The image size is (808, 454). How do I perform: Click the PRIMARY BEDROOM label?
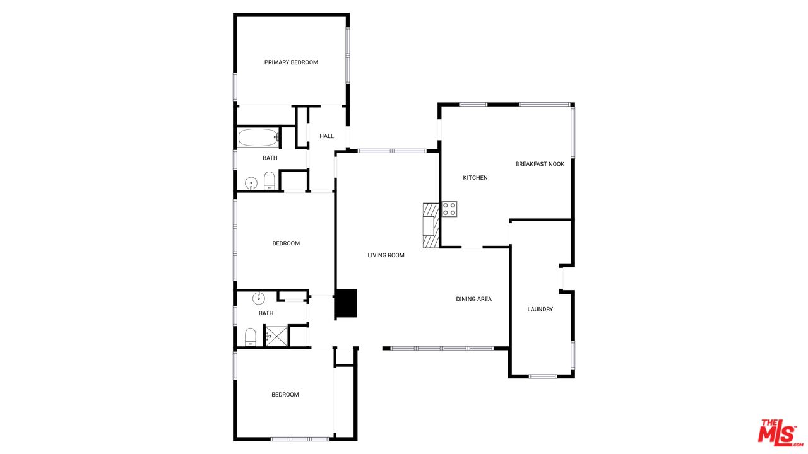pos(291,62)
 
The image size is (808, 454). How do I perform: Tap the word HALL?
pos(326,136)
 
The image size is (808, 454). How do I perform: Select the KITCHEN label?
pos(475,178)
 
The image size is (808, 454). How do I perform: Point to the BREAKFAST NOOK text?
pos(540,164)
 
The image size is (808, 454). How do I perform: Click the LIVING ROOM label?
pos(386,255)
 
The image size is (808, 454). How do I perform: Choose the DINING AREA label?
pos(473,299)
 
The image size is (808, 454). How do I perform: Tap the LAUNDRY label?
pos(540,309)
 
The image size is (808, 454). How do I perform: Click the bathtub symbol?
pos(258,137)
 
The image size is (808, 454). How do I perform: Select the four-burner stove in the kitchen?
pos(449,209)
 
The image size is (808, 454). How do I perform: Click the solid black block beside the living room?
pos(347,303)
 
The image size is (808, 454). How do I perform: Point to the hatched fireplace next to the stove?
pos(431,225)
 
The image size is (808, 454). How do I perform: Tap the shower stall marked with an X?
pos(276,336)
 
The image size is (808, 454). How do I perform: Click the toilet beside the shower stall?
pos(251,337)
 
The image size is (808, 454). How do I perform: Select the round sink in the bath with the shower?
pos(259,298)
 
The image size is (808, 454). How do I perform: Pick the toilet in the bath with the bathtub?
pos(270,180)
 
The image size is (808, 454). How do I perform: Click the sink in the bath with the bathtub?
pos(251,183)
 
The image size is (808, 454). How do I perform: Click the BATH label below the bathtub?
pos(270,158)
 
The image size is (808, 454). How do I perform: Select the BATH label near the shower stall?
pos(266,313)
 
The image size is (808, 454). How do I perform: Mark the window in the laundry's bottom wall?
pos(543,376)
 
